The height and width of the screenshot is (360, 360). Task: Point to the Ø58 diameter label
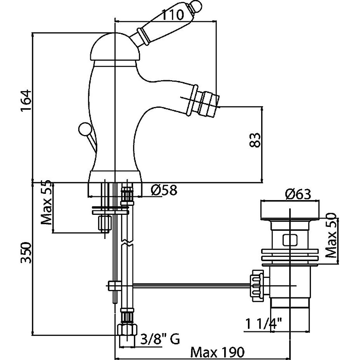[164, 190]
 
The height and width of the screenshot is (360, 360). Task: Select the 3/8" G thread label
[160, 340]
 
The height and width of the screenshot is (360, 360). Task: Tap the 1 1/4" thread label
[263, 324]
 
